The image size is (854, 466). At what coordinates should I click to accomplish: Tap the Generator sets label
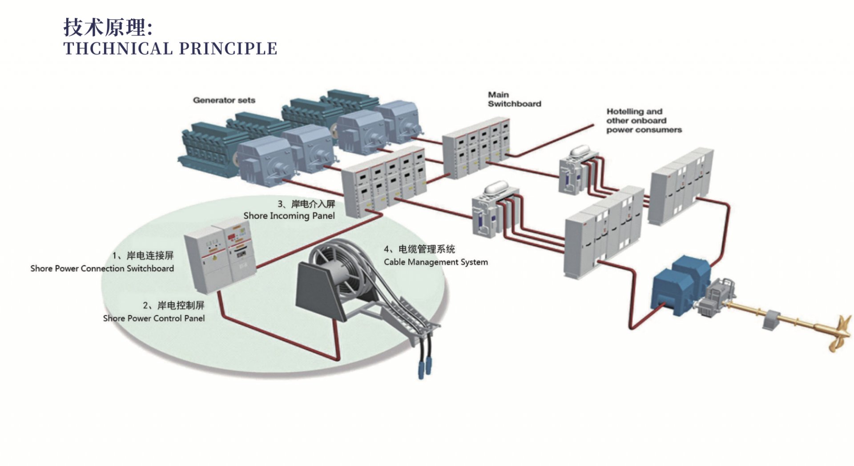click(x=224, y=100)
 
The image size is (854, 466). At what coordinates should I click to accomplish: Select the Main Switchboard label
click(x=514, y=99)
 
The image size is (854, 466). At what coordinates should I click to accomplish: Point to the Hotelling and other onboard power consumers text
click(x=644, y=121)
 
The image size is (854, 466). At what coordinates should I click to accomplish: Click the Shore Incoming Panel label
click(x=289, y=216)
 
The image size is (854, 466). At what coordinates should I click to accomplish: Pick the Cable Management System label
click(x=435, y=262)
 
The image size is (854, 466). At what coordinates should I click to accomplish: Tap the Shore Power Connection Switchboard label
click(x=102, y=268)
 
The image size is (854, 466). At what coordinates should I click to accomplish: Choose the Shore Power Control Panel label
click(x=154, y=318)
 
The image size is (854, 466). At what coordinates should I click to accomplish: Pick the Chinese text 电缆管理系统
click(x=426, y=249)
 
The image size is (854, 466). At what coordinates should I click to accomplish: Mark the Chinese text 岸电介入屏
click(x=313, y=204)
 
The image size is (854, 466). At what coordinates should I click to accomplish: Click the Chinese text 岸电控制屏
click(x=181, y=305)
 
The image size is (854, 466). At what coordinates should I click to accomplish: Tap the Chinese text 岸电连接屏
click(x=150, y=255)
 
